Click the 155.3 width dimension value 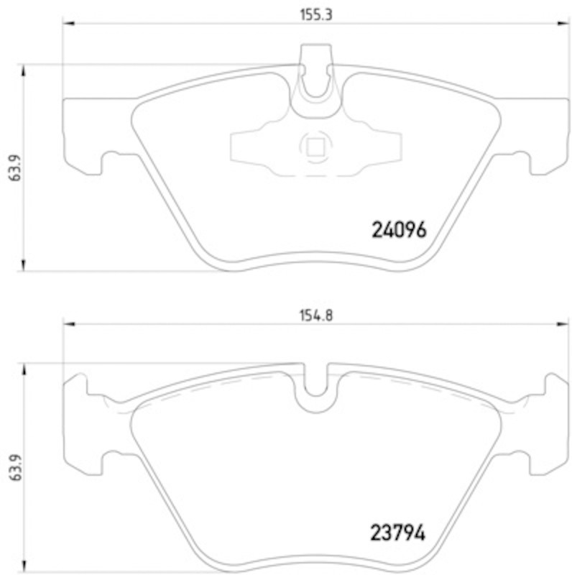click(315, 15)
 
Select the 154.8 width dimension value click(316, 316)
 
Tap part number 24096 click(400, 230)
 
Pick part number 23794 click(398, 533)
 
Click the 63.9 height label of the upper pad click(15, 167)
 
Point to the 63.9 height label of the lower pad click(15, 469)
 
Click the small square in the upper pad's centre click(315, 147)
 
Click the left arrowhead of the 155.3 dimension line click(69, 24)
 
